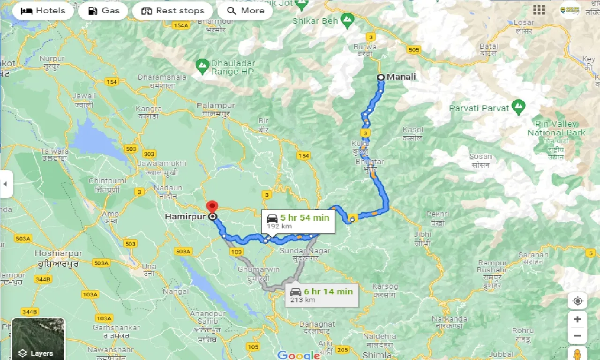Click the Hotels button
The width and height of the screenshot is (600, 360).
[43, 11]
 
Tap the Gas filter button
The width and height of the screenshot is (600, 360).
[103, 11]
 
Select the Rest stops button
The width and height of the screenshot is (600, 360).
[172, 11]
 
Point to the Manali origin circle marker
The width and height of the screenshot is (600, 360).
[381, 77]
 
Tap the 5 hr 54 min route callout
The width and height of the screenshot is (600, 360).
[298, 221]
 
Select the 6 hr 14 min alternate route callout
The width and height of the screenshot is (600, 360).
[322, 295]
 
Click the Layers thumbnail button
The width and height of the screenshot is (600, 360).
[38, 338]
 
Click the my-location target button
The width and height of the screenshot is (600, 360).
[577, 301]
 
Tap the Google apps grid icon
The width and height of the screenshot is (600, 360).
[539, 10]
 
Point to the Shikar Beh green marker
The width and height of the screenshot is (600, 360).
[347, 20]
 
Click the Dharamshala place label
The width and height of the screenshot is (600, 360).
[162, 77]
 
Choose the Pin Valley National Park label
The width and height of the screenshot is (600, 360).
[556, 128]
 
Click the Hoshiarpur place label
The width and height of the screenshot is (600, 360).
[59, 254]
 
